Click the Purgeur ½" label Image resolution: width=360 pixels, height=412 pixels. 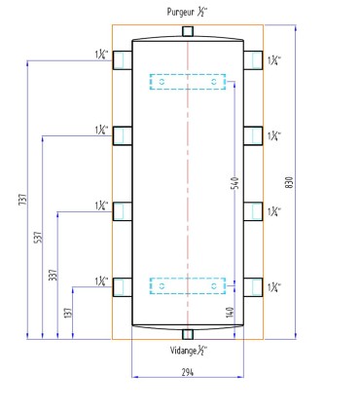tap(187, 12)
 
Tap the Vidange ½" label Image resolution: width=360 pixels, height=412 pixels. tap(189, 351)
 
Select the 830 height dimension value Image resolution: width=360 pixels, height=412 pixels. tap(290, 182)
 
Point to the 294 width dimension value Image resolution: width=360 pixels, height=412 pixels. tap(188, 372)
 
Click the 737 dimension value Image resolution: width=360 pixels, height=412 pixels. tap(22, 200)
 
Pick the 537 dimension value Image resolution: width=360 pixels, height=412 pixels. tap(38, 238)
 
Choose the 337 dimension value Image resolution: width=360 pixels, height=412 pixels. tap(53, 275)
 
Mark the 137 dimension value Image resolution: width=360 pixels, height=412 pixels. tap(68, 313)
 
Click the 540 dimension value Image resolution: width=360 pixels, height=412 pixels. tap(236, 183)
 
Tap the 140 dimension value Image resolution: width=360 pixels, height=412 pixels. tap(231, 312)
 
